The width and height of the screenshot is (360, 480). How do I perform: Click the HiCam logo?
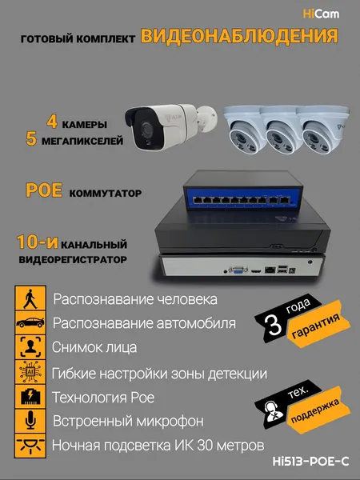point(321,14)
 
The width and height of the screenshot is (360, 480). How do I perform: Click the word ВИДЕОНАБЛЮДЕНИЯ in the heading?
point(239,37)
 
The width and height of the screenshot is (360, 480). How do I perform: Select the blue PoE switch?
point(243,190)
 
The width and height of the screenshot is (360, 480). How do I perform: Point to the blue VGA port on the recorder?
point(238,270)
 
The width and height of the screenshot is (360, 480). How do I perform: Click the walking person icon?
point(30,298)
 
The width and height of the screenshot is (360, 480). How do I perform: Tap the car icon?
point(30,322)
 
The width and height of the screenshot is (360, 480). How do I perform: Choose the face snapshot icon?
point(30,347)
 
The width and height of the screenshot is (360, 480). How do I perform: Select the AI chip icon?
point(30,372)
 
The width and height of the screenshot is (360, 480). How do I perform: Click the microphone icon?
point(30,421)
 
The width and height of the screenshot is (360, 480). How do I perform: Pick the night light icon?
point(30,446)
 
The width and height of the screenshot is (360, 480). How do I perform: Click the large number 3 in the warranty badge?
point(274,325)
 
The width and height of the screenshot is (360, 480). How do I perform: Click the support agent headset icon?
point(270,412)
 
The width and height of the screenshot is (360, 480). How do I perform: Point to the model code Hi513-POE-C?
point(310,462)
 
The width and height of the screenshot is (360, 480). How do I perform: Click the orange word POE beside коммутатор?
point(44,190)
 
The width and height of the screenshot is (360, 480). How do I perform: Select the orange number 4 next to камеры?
point(52,122)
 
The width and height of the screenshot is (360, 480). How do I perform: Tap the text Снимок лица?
point(94,347)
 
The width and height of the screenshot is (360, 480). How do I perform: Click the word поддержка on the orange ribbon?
point(315,411)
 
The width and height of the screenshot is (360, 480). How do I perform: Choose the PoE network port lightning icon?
point(30,397)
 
